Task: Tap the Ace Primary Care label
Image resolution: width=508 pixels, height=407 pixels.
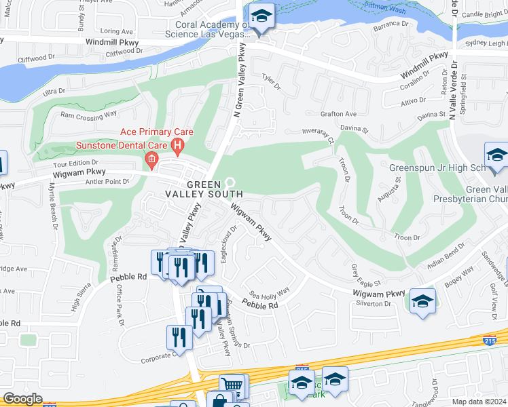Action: coord(157,132)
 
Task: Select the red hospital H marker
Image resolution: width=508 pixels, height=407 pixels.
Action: coord(178,144)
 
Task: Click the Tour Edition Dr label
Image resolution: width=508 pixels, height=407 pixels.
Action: coord(75,163)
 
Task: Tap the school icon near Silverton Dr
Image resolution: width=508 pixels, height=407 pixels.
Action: coord(422,301)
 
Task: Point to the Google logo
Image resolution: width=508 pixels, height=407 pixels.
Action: coord(22,399)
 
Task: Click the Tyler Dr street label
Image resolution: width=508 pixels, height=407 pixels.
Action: coord(272,83)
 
